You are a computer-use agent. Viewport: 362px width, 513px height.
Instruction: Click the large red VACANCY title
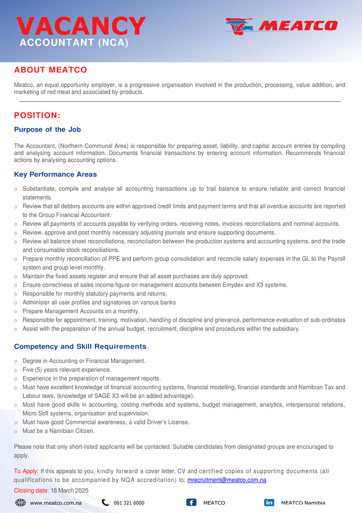[x=81, y=27]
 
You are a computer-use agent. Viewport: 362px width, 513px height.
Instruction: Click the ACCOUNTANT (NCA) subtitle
[x=73, y=43]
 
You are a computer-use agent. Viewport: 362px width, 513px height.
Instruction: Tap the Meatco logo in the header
[x=281, y=26]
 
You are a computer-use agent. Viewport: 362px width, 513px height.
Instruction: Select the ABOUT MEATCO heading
[x=50, y=70]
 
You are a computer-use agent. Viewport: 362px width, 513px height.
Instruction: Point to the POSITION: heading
[x=37, y=115]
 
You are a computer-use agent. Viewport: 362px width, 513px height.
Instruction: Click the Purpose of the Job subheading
[x=47, y=130]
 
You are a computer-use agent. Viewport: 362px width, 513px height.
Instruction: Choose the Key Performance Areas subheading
[x=55, y=174]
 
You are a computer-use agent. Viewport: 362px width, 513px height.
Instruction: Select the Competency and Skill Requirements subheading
[x=80, y=347]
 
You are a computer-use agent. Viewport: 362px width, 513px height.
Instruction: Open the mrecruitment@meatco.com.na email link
[x=227, y=480]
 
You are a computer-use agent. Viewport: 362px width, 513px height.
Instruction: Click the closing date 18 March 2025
[x=70, y=490]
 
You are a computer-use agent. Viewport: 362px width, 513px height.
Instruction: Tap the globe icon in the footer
[x=20, y=503]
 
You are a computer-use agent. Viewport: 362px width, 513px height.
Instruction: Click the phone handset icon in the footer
[x=105, y=503]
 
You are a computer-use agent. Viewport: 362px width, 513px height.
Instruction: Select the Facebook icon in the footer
[x=191, y=503]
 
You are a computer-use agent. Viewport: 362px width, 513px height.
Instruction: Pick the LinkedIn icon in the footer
[x=269, y=503]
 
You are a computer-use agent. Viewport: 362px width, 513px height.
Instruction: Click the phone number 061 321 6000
[x=129, y=503]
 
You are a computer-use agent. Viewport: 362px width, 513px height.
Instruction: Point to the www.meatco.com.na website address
[x=55, y=503]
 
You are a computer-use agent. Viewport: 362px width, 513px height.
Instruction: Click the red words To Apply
[x=26, y=471]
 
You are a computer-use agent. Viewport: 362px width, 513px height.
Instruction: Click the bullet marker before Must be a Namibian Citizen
[x=16, y=431]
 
